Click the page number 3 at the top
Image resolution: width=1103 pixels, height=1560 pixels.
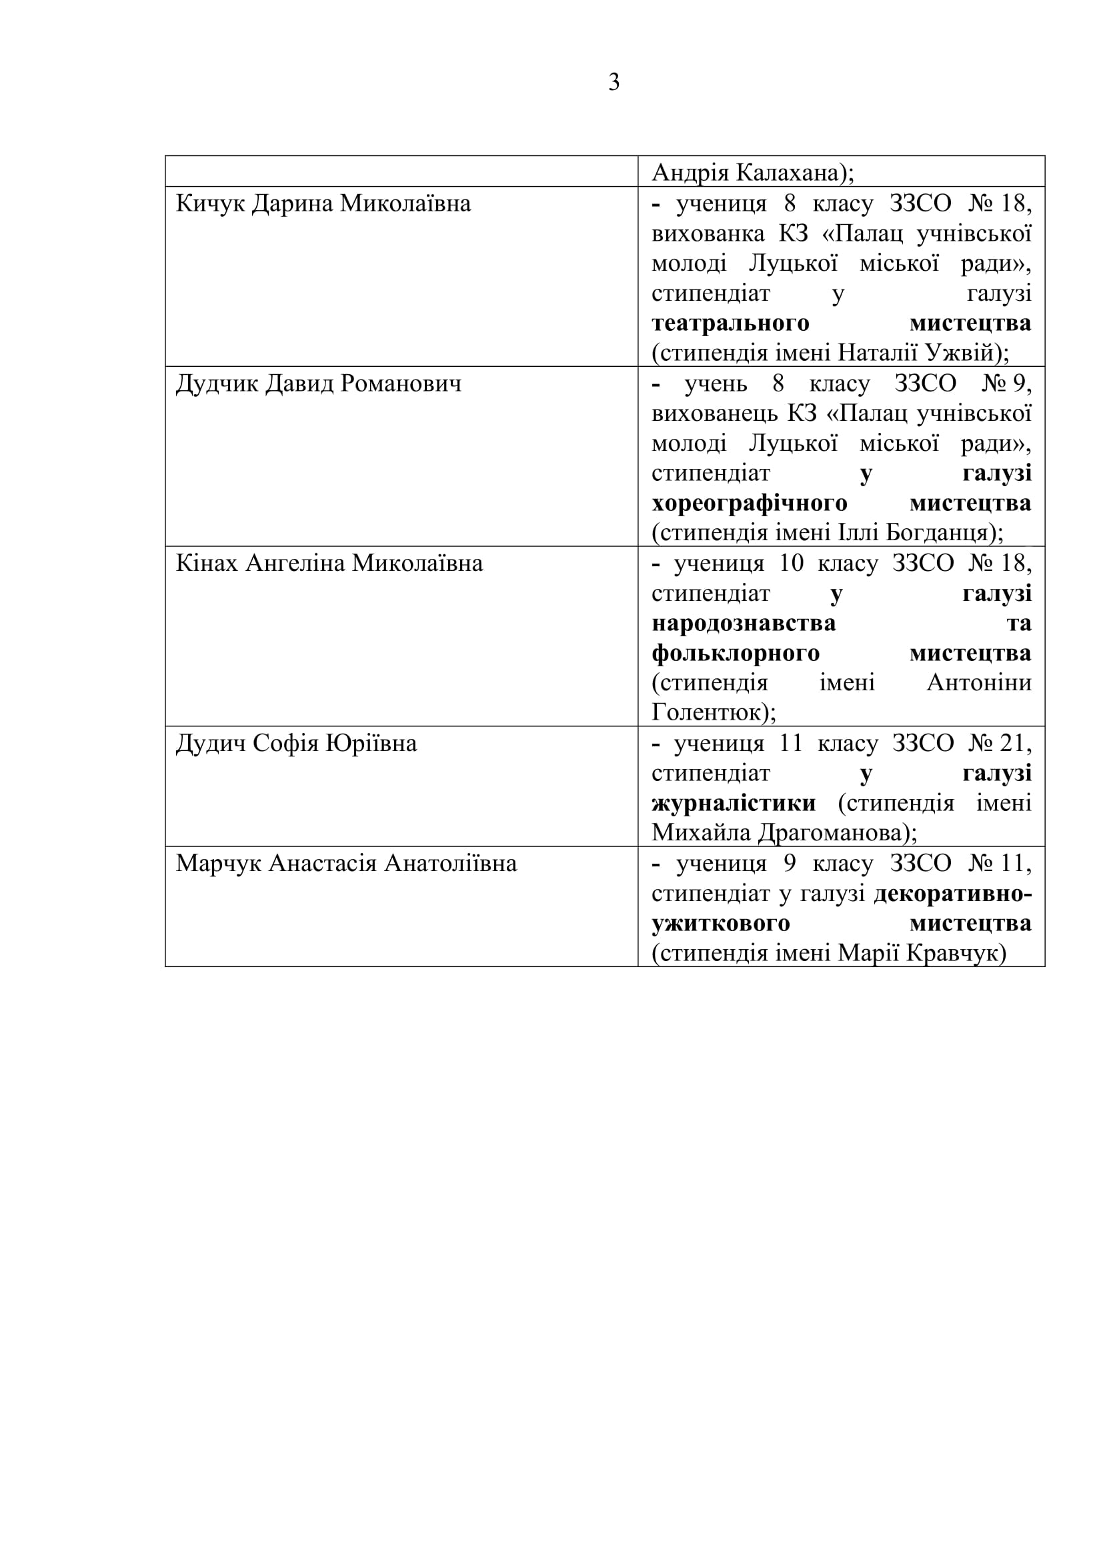tap(614, 83)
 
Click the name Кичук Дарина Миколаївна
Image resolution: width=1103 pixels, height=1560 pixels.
tap(323, 204)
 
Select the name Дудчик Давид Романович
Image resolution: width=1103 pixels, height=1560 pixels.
tap(319, 384)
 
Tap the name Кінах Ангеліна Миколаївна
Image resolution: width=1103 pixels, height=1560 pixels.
tap(329, 564)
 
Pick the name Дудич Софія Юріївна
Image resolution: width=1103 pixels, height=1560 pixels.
tap(296, 743)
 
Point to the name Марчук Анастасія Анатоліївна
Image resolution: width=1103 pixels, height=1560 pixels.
tap(346, 864)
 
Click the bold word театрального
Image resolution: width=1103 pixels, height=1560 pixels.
tap(730, 323)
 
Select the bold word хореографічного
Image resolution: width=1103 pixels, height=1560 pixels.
tap(749, 504)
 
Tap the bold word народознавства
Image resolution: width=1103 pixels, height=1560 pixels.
tap(744, 623)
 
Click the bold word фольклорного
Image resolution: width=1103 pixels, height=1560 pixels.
tap(736, 654)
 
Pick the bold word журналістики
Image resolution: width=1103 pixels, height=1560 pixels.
tap(734, 803)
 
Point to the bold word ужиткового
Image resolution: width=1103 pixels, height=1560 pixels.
tap(721, 923)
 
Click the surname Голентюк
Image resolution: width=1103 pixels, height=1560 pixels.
tap(706, 713)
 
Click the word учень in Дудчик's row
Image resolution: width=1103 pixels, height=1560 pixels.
tap(715, 384)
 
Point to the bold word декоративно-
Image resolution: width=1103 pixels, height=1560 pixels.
tap(952, 894)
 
